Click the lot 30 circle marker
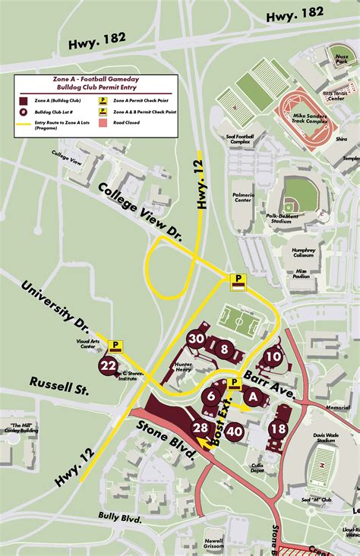[197, 340]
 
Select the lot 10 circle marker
[273, 355]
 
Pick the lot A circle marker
[254, 395]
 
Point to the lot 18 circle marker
[279, 428]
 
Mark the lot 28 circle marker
[201, 428]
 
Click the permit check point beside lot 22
[115, 346]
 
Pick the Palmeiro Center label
[243, 198]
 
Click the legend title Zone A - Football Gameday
[95, 79]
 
